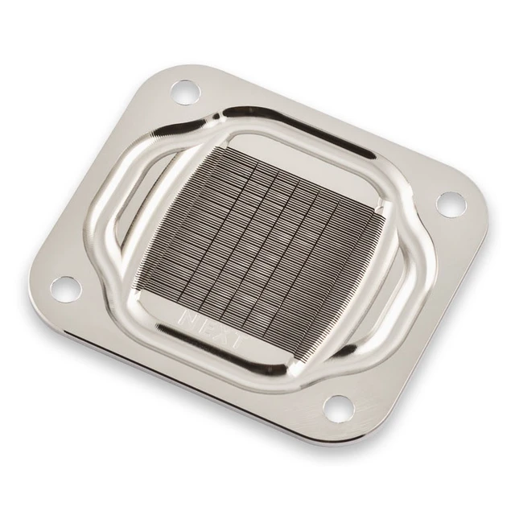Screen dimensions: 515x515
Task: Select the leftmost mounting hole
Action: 66,290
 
